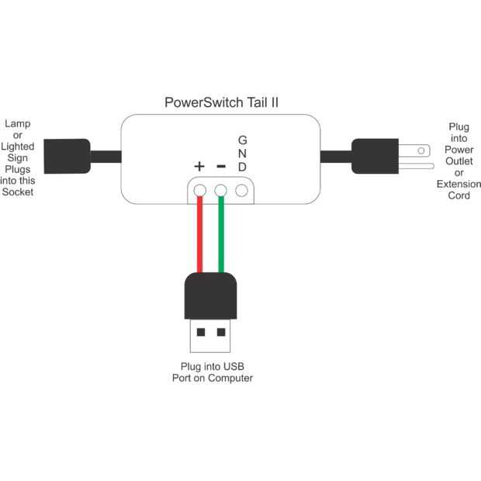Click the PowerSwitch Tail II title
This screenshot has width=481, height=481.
click(x=222, y=102)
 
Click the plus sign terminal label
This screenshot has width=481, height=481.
click(x=199, y=166)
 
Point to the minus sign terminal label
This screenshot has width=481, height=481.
click(x=221, y=165)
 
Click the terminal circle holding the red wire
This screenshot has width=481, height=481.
click(x=200, y=190)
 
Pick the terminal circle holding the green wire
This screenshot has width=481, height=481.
click(x=221, y=190)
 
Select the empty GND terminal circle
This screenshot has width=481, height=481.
click(x=242, y=190)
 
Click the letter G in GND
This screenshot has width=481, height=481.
click(x=243, y=140)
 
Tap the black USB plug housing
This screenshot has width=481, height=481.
click(x=210, y=296)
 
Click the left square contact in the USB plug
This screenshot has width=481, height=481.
click(x=201, y=332)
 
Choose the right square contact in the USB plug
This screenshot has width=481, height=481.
click(x=221, y=332)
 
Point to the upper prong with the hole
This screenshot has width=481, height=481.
click(x=418, y=149)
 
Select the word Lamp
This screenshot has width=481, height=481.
click(x=17, y=123)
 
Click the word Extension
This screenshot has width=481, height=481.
click(x=459, y=185)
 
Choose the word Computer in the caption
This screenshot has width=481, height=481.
click(x=230, y=379)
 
